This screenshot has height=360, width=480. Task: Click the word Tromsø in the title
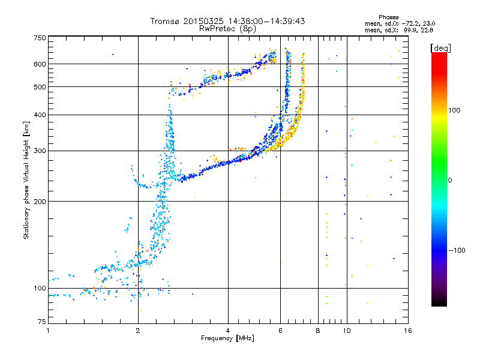(x=166, y=21)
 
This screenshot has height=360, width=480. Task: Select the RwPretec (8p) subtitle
(x=227, y=28)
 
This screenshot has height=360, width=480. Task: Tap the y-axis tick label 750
(x=39, y=38)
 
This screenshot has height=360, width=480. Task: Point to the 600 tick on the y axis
(x=39, y=64)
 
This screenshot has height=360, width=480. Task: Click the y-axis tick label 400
(x=39, y=115)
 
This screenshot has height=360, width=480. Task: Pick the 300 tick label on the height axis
(x=39, y=151)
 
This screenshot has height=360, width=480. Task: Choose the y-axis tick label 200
(x=39, y=202)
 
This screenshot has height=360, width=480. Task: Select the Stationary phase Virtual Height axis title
(x=26, y=181)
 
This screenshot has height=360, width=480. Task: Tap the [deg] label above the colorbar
(x=439, y=47)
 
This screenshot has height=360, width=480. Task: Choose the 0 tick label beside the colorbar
(x=451, y=180)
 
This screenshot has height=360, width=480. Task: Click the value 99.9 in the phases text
(x=412, y=29)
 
